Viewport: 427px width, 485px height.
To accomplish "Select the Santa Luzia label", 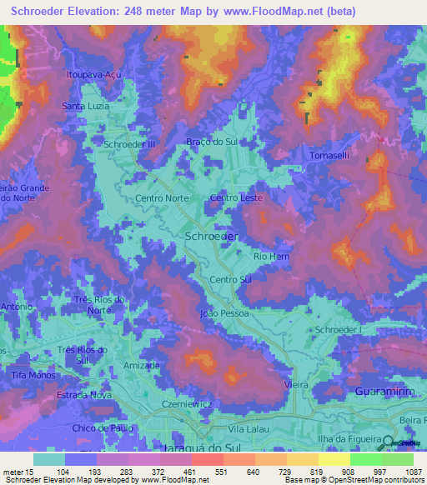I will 86,106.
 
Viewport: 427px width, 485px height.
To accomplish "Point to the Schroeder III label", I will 129,144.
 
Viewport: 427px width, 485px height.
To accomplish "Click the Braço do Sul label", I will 212,142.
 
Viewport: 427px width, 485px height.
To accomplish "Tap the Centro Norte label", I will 162,198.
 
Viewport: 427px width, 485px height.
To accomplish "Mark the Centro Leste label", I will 237,198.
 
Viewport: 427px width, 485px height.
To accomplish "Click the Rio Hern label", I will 271,257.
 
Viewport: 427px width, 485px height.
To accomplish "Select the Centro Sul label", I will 231,280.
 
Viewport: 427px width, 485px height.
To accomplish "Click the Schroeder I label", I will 338,331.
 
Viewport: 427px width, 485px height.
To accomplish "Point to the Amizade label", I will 141,366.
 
